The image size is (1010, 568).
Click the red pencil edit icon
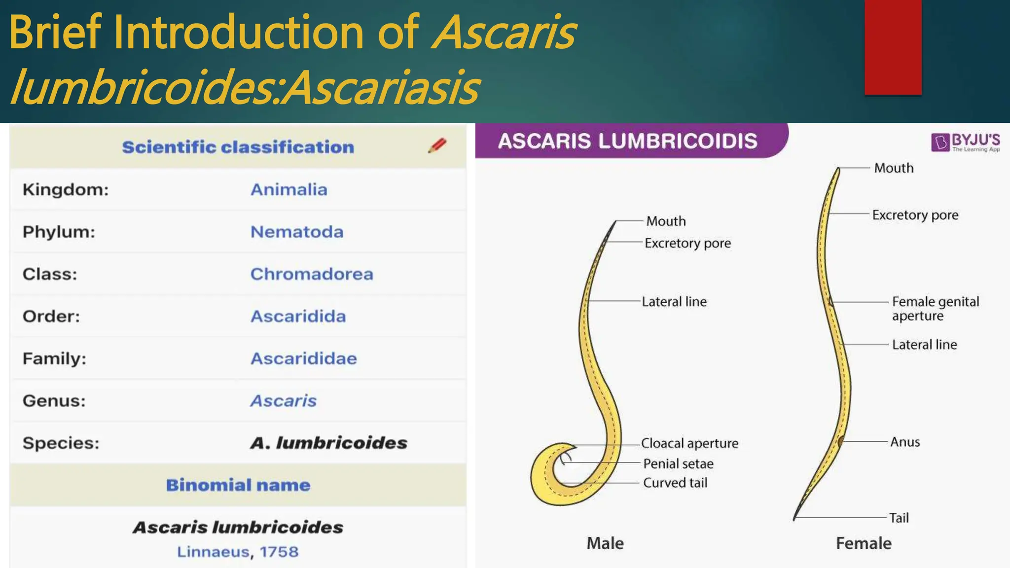coord(437,145)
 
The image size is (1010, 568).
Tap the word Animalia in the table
coord(289,189)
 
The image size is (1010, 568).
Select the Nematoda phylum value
coord(296,232)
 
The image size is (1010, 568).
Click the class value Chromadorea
coord(311,274)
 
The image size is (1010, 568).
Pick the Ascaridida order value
coord(298,316)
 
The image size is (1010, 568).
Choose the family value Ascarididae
coord(303,358)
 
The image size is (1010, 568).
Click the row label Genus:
coord(54,401)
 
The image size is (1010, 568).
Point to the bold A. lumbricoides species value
coord(328,443)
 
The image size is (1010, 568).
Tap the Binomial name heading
coord(238,485)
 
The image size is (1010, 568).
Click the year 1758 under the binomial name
coord(279,552)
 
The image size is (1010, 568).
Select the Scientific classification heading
coord(238,147)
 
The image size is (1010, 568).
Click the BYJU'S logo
coord(965,142)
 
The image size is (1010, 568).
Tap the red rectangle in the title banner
coord(893,47)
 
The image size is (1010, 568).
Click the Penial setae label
coord(678,463)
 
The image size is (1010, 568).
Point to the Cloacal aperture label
coord(689,443)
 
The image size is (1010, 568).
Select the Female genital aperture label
coord(935,308)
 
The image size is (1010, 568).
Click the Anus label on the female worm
coord(904,442)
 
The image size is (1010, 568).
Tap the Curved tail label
coord(675,483)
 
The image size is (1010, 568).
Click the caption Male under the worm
coord(605,543)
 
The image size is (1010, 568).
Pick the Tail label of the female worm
coord(899,518)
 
